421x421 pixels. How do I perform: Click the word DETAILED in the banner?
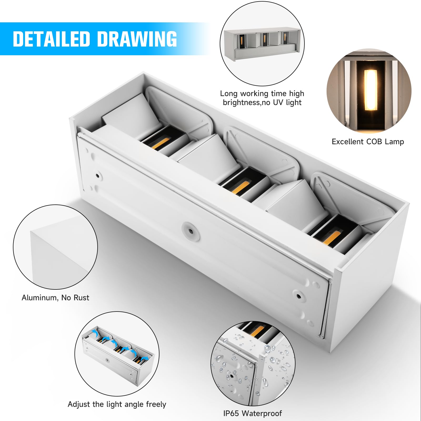click(52, 39)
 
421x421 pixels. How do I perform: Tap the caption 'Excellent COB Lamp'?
click(368, 142)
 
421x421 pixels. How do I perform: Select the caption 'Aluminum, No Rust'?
click(55, 298)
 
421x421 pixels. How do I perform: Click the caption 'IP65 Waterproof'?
click(252, 413)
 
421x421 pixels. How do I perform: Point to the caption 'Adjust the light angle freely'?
click(117, 404)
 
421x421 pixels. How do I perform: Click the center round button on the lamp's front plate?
click(191, 230)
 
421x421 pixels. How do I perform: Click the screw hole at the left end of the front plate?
click(97, 175)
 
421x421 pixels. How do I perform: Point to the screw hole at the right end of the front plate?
click(298, 296)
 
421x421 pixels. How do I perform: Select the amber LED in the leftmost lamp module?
click(161, 143)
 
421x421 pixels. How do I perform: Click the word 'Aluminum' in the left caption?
click(39, 298)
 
